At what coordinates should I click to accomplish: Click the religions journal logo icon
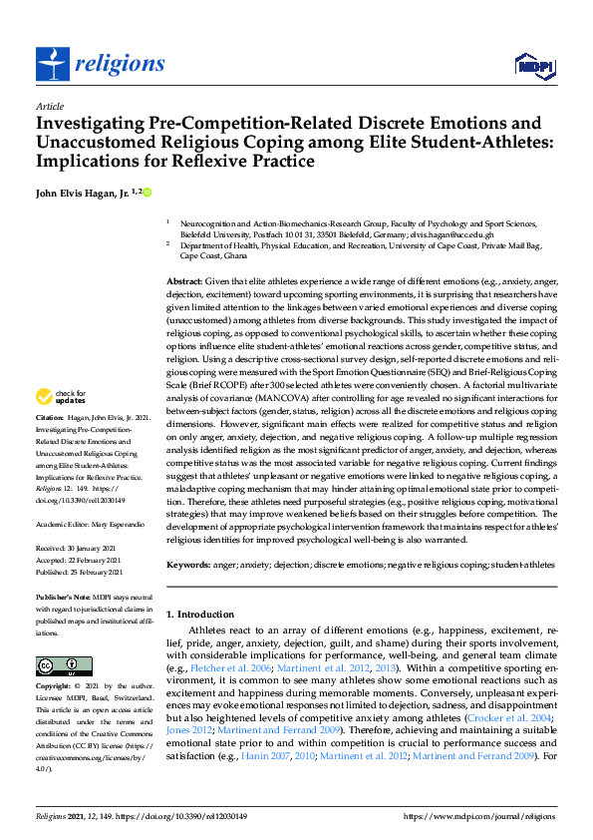(50, 64)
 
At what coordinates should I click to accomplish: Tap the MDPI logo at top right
(532, 66)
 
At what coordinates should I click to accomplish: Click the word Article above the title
(50, 107)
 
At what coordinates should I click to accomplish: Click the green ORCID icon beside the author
(148, 191)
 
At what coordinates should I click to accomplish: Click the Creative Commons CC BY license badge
(57, 665)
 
